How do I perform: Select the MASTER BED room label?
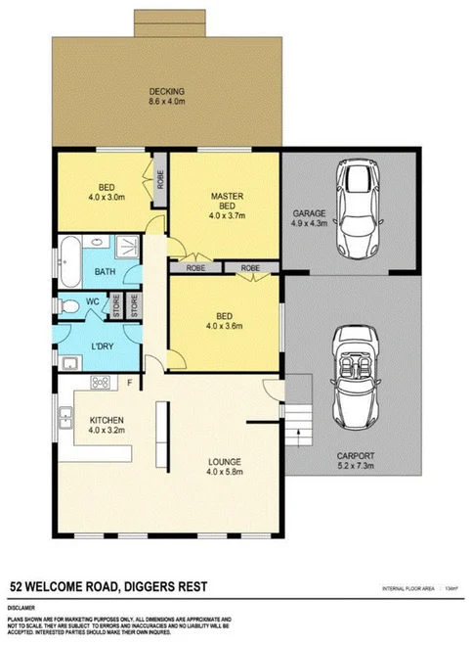click(x=227, y=200)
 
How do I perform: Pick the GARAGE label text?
click(x=311, y=212)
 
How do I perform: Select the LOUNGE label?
click(x=225, y=462)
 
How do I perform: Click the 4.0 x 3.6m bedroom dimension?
click(x=224, y=327)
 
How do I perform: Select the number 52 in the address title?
click(x=17, y=587)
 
